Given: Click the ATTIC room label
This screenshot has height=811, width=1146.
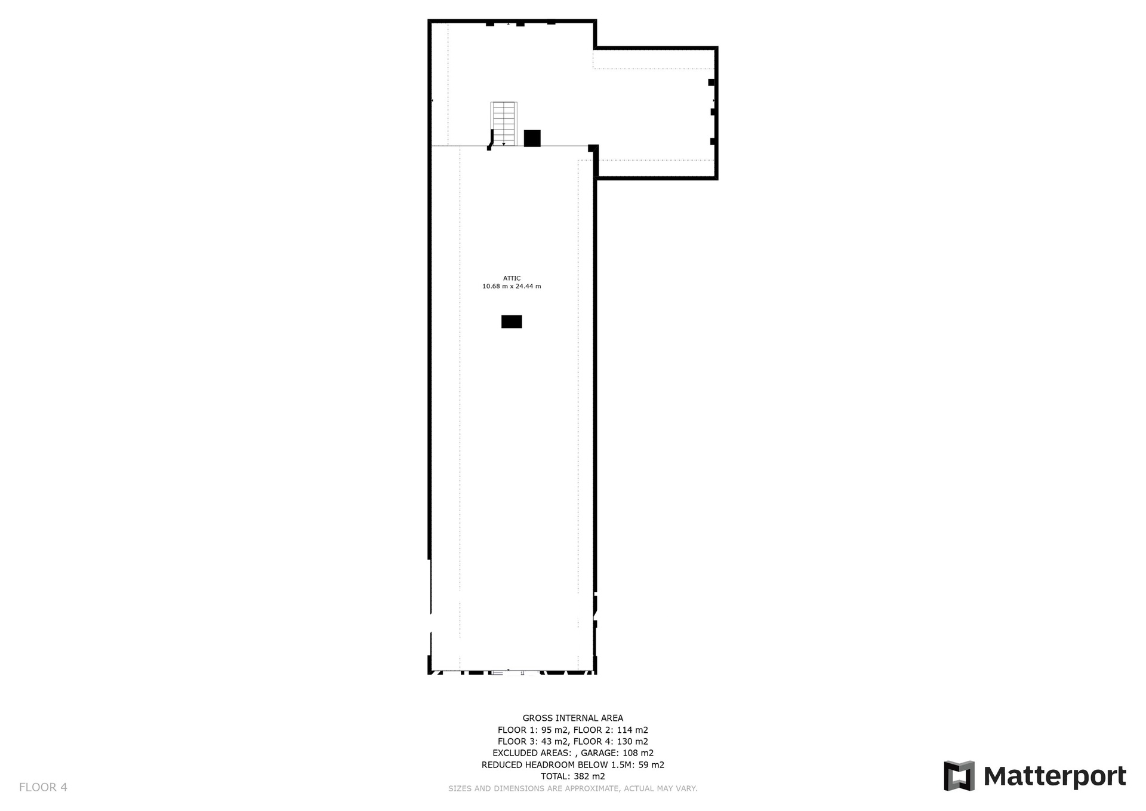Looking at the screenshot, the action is (512, 278).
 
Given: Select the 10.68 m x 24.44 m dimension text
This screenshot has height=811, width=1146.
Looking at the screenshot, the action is (512, 287).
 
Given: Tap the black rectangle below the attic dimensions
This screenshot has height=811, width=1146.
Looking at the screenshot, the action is (512, 322).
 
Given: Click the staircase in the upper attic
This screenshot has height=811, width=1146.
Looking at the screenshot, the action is (504, 124).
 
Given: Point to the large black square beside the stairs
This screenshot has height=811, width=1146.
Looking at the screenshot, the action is (532, 138).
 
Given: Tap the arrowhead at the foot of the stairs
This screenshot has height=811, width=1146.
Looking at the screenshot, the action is (504, 144).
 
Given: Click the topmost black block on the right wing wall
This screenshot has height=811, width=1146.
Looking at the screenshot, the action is (711, 82).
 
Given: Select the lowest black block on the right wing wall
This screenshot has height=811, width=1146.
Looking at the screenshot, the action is (713, 142).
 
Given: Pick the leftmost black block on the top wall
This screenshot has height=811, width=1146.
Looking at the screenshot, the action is (490, 24).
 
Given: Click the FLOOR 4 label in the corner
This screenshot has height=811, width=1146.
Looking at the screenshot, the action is (43, 787).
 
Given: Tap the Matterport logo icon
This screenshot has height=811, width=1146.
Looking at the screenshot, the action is (959, 776).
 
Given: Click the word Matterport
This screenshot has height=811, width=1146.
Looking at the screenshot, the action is (1055, 776).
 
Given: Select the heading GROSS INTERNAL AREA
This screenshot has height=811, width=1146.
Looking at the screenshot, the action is (573, 718).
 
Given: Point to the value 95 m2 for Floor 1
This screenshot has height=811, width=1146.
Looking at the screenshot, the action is (554, 730).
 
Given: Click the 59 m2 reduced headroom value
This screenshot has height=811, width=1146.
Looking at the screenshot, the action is (651, 764).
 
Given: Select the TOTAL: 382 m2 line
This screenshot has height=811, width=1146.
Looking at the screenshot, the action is (573, 776).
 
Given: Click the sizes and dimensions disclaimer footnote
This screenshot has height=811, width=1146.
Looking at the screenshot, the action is (573, 788).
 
